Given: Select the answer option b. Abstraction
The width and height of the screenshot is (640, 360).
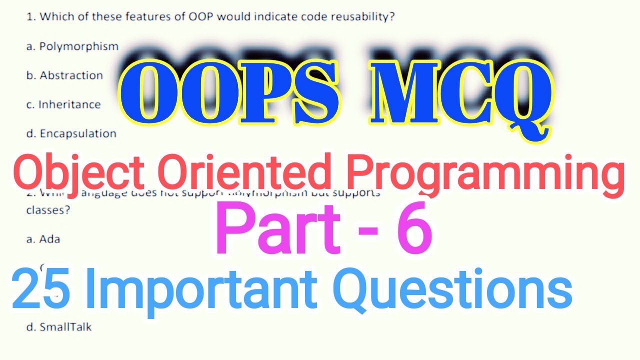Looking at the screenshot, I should tap(64, 75).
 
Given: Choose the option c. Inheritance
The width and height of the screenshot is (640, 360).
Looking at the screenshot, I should tap(63, 104).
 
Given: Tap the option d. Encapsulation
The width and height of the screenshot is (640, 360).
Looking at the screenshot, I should tap(71, 133).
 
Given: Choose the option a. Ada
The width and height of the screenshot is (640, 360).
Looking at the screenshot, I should tap(43, 239).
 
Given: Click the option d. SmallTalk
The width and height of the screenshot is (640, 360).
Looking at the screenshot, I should tap(59, 327).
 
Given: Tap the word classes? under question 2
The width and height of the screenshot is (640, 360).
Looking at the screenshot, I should tap(48, 210).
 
